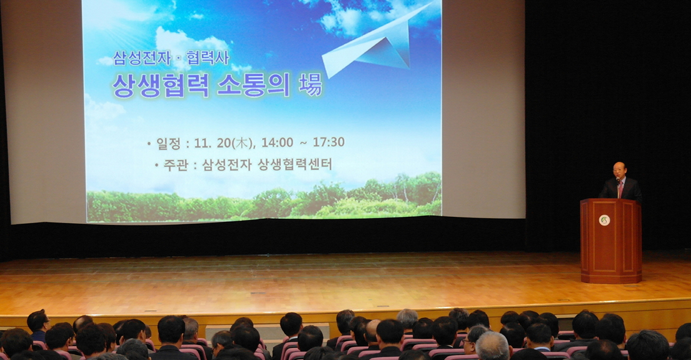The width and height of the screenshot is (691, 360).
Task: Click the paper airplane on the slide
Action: (375, 44)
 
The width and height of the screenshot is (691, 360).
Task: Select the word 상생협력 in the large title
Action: (160, 85)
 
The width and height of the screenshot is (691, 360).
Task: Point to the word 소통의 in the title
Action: (253, 85)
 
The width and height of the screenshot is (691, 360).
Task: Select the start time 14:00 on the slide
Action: (276, 142)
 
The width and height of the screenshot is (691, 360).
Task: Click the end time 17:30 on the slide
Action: (328, 142)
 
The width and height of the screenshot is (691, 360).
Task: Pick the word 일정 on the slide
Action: (168, 143)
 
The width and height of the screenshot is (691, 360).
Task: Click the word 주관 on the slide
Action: (175, 165)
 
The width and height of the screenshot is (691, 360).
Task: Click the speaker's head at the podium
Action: (618, 170)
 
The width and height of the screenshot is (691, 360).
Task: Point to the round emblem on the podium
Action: (604, 220)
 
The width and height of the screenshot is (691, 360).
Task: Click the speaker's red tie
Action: (620, 189)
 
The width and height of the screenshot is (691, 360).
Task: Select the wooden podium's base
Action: (610, 275)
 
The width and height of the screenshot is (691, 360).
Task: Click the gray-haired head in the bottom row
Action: (492, 345)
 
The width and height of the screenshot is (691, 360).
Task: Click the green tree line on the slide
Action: (263, 203)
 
